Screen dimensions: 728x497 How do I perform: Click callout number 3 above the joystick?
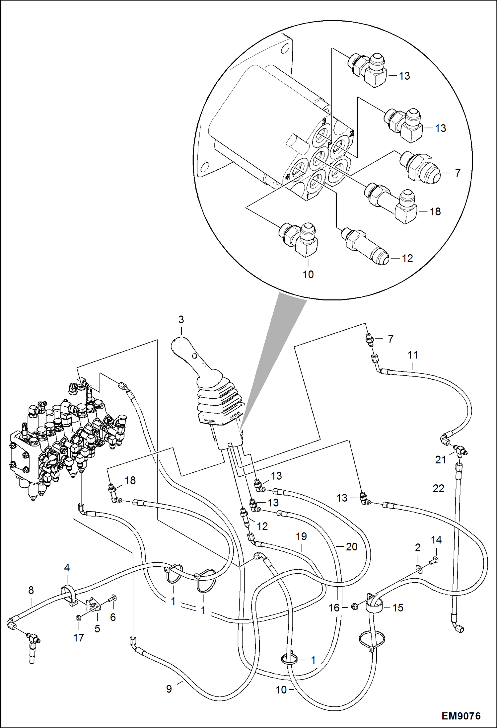tap(181, 320)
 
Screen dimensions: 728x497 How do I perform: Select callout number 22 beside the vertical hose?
tap(438, 488)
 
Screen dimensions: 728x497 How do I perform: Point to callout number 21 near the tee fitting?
tap(440, 460)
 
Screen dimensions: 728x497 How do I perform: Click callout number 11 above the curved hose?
tap(412, 355)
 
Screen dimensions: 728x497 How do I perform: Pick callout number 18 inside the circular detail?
tap(435, 211)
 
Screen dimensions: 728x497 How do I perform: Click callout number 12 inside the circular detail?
tap(407, 258)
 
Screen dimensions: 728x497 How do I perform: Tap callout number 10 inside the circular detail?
tap(308, 275)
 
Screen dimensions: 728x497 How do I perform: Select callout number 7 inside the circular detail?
tap(458, 173)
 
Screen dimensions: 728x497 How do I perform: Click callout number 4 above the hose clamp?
tap(67, 568)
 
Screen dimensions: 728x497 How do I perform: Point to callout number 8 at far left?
tap(31, 590)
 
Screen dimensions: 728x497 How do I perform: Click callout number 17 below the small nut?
tap(79, 638)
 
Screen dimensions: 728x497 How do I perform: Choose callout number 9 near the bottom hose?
tap(169, 689)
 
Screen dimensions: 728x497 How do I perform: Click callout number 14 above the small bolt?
tap(436, 540)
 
